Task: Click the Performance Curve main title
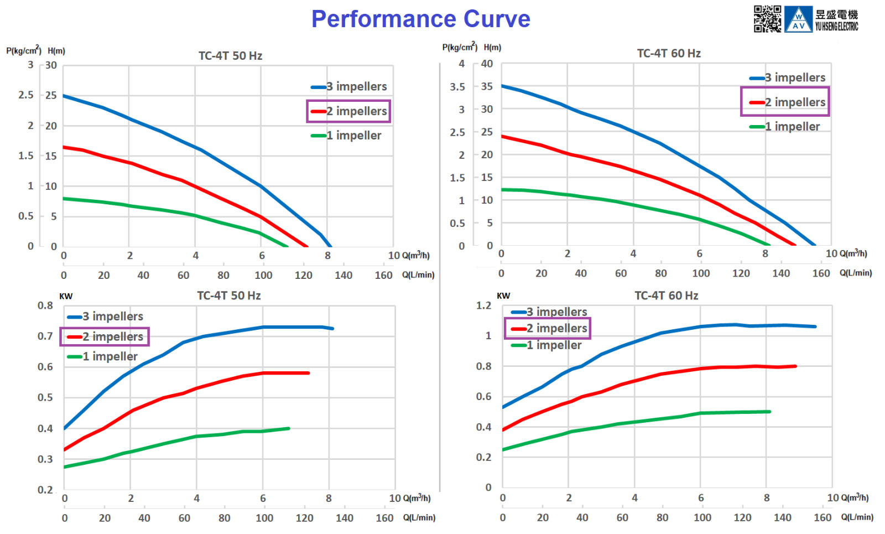[421, 19]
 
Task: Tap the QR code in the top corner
[767, 19]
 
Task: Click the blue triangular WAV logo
[799, 19]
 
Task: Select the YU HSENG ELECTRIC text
[837, 27]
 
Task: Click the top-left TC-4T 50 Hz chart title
[230, 56]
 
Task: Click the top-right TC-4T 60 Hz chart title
[669, 53]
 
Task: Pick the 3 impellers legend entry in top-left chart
[349, 86]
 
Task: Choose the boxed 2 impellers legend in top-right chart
[785, 102]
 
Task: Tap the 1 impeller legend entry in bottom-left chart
[102, 356]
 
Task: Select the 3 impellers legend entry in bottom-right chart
[549, 312]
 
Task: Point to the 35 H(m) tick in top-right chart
[487, 86]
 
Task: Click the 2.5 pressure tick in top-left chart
[25, 95]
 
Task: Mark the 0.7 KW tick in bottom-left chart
[45, 336]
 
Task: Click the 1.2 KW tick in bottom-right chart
[484, 305]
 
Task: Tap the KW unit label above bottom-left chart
[66, 297]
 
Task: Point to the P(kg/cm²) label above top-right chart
[460, 47]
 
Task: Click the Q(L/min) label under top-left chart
[418, 275]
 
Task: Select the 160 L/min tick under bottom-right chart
[823, 517]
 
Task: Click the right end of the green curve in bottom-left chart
[289, 428]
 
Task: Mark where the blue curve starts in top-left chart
[64, 96]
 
